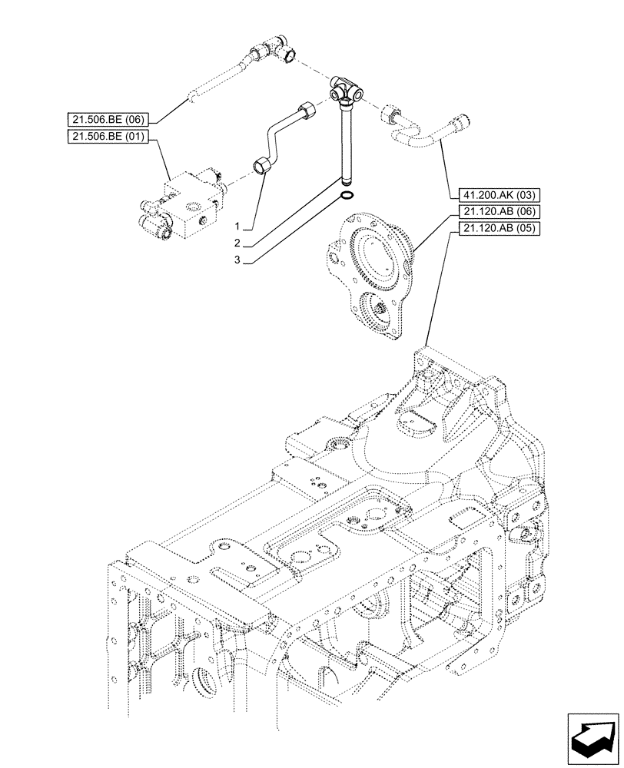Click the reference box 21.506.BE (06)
(x=110, y=119)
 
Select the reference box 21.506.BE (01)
(x=110, y=136)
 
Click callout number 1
(x=238, y=227)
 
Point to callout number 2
(x=238, y=243)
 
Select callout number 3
(x=238, y=260)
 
